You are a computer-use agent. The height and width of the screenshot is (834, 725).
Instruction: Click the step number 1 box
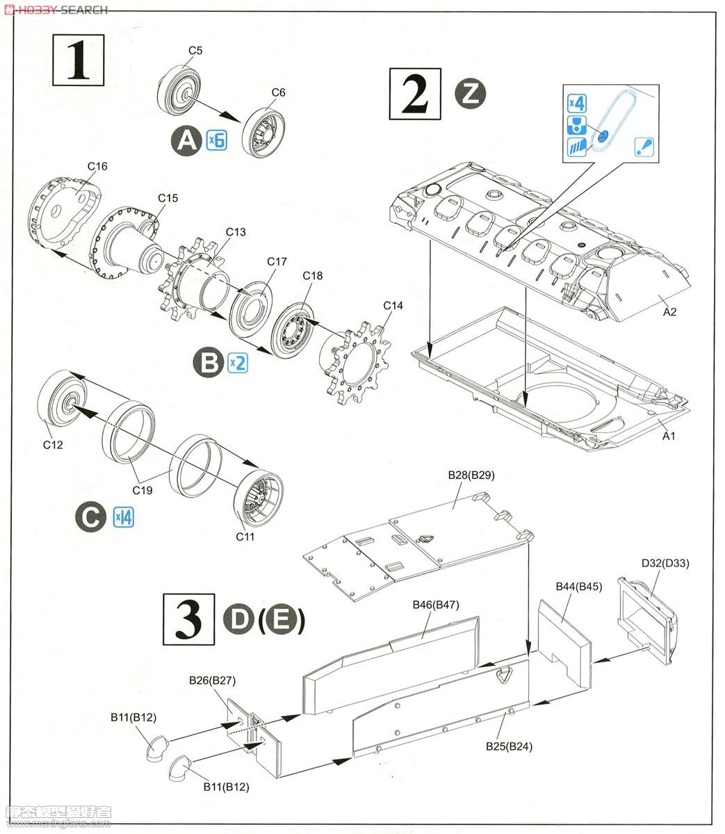(x=79, y=60)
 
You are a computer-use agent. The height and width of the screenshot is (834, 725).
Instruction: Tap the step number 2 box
(x=415, y=94)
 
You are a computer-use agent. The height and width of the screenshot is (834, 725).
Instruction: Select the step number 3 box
(x=188, y=619)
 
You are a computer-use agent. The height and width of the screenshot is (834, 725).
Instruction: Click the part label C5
(x=195, y=51)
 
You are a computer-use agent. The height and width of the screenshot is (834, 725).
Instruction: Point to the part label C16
(x=97, y=166)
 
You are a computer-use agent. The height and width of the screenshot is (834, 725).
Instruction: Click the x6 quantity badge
(x=216, y=140)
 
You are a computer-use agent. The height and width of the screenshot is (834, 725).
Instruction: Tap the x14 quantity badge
(x=124, y=517)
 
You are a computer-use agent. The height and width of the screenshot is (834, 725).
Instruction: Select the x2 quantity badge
(x=238, y=362)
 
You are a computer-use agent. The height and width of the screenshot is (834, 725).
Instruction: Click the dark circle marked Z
(x=471, y=94)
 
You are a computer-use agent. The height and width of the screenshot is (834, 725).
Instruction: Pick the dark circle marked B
(x=209, y=362)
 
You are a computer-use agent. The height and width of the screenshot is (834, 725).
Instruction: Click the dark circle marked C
(x=91, y=516)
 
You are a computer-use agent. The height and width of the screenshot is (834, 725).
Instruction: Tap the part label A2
(x=669, y=312)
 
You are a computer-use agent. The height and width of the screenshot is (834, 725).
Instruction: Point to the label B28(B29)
(x=471, y=475)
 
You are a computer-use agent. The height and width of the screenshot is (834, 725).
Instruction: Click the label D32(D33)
(x=665, y=563)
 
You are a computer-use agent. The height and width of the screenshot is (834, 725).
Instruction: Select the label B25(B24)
(x=509, y=746)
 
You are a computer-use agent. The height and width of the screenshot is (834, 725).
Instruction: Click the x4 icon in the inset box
(x=577, y=103)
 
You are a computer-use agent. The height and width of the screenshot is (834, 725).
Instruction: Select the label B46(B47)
(x=436, y=605)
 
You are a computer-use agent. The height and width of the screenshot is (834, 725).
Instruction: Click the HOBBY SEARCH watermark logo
(x=56, y=9)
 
